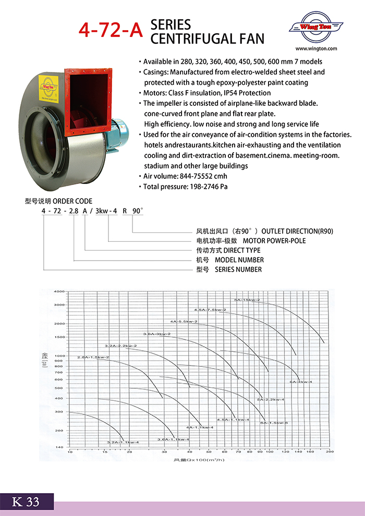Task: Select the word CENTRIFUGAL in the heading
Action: click(x=207, y=38)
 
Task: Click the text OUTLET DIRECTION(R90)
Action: click(x=297, y=231)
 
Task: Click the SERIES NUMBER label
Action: click(x=238, y=269)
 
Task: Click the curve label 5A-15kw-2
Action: click(x=247, y=300)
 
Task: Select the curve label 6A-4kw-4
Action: click(x=301, y=382)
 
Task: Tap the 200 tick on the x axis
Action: click(x=330, y=452)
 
